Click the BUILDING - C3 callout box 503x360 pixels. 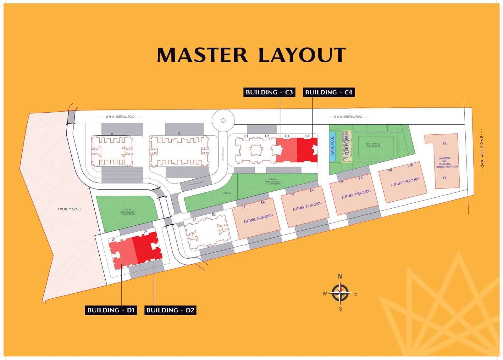click(x=269, y=92)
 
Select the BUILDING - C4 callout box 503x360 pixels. click(x=329, y=92)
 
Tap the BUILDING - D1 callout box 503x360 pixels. click(x=111, y=310)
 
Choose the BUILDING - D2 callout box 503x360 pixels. click(x=170, y=310)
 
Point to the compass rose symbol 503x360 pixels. click(x=340, y=293)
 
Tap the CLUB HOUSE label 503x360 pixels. click(x=347, y=145)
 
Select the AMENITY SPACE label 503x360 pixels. click(x=69, y=209)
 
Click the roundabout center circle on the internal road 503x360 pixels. click(x=223, y=121)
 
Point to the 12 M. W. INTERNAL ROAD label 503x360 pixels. click(x=120, y=117)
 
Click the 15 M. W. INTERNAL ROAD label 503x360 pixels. click(x=348, y=117)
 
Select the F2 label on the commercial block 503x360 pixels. click(x=445, y=143)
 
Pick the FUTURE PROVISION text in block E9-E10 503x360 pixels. click(x=405, y=182)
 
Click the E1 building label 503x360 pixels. click(x=194, y=219)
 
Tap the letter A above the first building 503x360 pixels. click(x=112, y=134)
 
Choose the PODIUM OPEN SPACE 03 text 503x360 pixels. click(x=127, y=212)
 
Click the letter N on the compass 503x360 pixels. click(x=340, y=277)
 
